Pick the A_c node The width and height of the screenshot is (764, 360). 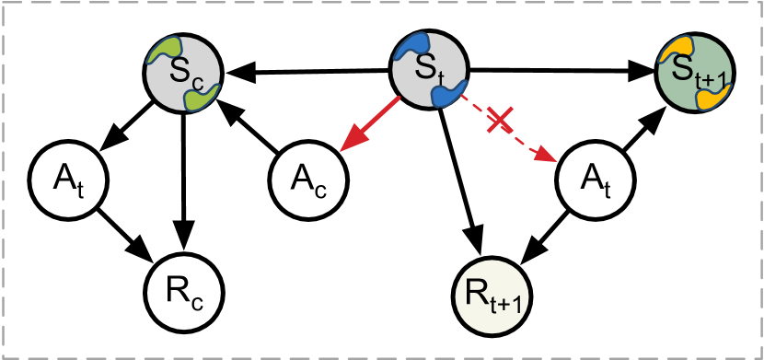pyautogui.click(x=308, y=178)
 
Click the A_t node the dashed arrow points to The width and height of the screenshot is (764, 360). pyautogui.click(x=596, y=178)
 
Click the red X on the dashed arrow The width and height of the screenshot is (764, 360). pyautogui.click(x=500, y=119)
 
